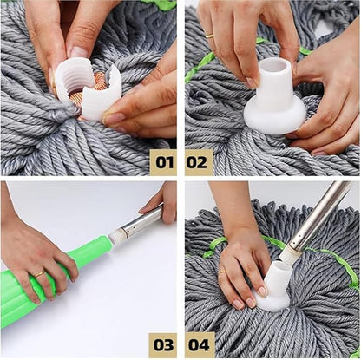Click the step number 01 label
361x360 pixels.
(x=162, y=161)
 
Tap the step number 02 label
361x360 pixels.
(x=198, y=161)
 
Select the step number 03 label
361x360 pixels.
(x=162, y=344)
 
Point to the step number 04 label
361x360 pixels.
(x=198, y=344)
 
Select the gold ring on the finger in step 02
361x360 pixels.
(x=209, y=36)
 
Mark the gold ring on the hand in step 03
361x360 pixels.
(x=39, y=274)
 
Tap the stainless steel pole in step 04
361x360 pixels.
(x=321, y=213)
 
